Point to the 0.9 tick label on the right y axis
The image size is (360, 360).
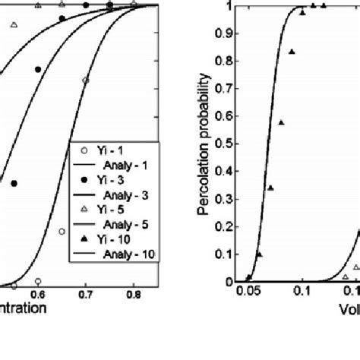click(x=226, y=34)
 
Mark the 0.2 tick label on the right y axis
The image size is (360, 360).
click(x=226, y=227)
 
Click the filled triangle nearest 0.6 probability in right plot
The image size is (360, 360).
click(x=281, y=122)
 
